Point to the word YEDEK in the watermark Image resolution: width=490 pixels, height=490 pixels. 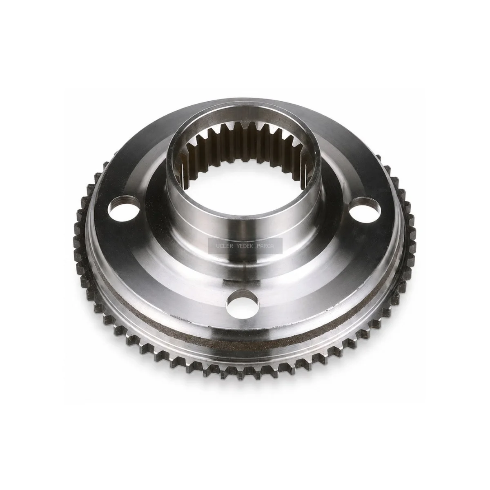245,246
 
